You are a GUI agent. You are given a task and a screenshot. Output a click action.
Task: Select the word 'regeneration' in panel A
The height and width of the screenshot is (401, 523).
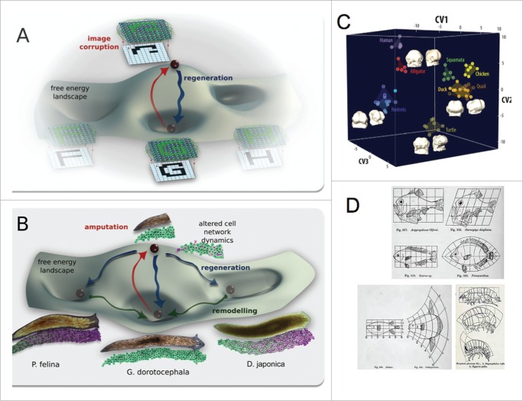click(x=209, y=78)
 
